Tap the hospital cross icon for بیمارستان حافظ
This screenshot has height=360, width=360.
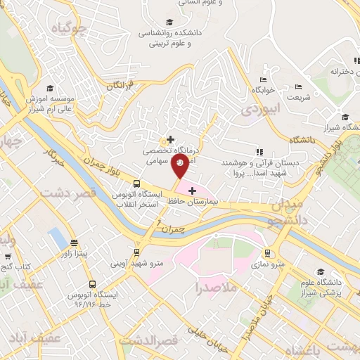click(x=191, y=190)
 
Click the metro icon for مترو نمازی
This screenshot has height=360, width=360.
click(x=267, y=252)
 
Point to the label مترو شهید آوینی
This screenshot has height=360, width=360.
click(x=127, y=264)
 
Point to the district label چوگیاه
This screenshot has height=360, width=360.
click(x=74, y=29)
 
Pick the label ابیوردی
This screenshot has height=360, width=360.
click(x=261, y=110)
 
